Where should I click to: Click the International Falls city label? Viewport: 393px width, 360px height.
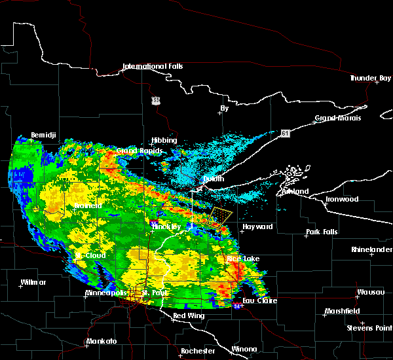coord(153,66)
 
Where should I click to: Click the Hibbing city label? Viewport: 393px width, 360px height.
coord(164,140)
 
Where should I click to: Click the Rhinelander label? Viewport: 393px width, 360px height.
coord(369,249)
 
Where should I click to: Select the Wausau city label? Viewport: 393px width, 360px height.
coord(370,292)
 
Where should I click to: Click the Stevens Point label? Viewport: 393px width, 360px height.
coord(369,327)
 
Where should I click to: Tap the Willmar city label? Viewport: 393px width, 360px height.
coord(33,282)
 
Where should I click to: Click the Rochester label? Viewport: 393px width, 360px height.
coord(198,351)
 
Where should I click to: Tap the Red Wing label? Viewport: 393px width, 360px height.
coord(188,316)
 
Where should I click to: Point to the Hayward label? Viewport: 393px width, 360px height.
coord(257,226)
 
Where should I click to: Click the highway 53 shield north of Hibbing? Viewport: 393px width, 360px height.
coord(155,100)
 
